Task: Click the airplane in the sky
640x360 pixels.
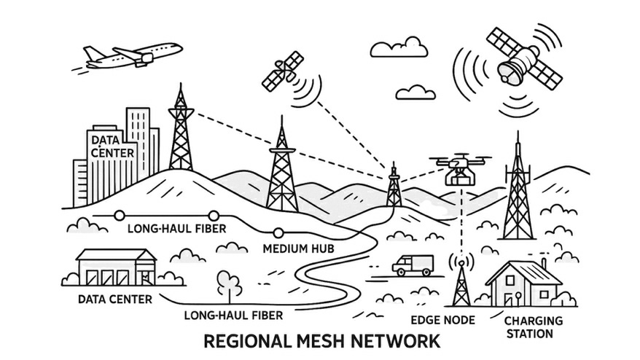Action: click(133, 56)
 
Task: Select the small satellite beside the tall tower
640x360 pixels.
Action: click(283, 71)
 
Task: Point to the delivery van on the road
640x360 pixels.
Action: click(413, 265)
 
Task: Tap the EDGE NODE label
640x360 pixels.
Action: click(442, 320)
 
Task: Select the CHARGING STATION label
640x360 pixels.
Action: click(534, 326)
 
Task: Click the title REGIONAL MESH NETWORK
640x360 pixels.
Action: click(321, 341)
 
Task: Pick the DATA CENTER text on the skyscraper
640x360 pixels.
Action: click(112, 145)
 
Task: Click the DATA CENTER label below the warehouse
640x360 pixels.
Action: click(116, 299)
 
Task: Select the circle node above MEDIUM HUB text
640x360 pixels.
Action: click(278, 233)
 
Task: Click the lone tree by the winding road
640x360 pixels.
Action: click(229, 286)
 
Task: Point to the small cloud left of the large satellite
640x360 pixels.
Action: click(416, 92)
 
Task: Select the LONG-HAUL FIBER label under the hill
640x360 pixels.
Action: click(176, 229)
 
